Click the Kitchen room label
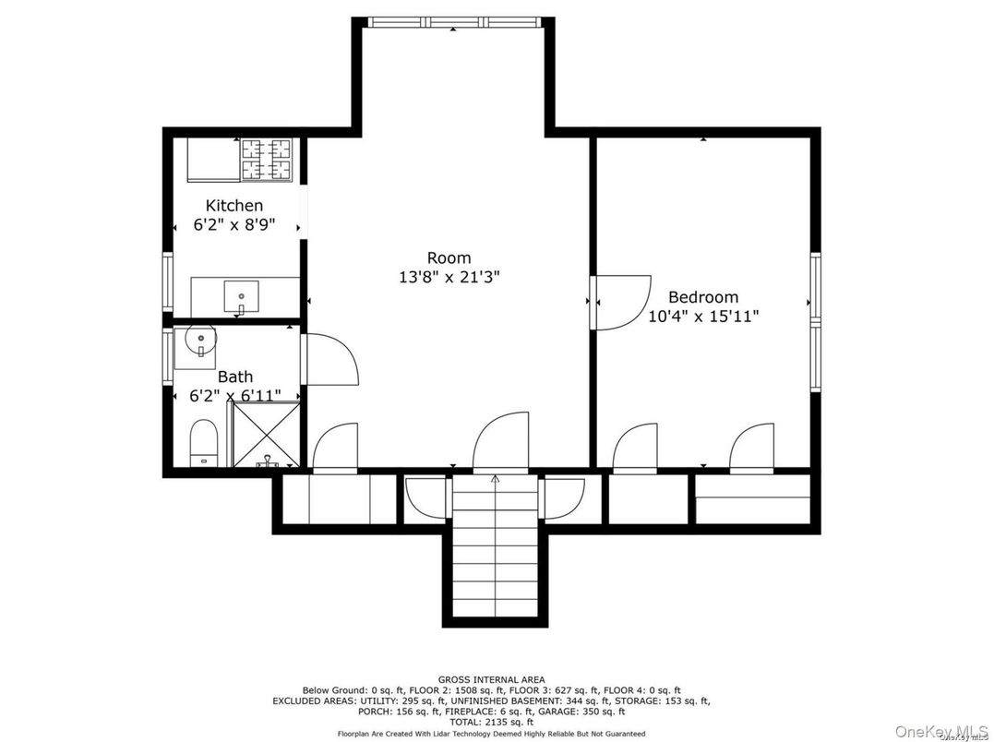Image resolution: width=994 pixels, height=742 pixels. (234, 205)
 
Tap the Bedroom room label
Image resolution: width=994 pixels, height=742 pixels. (703, 296)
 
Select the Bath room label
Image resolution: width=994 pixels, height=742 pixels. (235, 377)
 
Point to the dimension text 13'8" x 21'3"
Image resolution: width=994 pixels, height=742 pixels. (449, 277)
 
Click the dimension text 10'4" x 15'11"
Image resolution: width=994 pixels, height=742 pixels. (703, 316)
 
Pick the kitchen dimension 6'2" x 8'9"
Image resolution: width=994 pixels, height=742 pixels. (234, 225)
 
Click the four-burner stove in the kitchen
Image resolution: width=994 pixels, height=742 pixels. (266, 160)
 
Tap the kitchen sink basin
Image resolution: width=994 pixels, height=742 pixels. (241, 296)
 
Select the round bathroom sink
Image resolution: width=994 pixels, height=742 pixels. (200, 341)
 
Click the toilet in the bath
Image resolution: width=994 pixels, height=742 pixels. (203, 442)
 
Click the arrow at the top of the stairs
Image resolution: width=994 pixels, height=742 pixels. (495, 480)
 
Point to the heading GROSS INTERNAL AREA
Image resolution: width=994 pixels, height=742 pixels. (491, 680)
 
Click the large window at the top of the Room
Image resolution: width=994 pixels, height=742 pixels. (454, 22)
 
